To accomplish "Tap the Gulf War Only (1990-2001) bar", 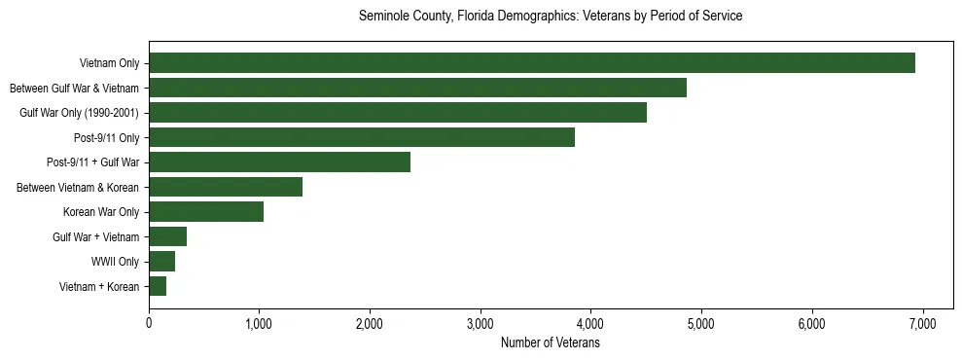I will [x=397, y=113].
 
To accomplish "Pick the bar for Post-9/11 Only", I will [x=361, y=137].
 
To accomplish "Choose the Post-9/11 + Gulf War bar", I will [x=279, y=162].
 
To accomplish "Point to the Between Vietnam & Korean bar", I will [x=226, y=187].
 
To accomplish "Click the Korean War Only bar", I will [x=206, y=212].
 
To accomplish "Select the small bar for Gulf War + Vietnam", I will [x=167, y=236].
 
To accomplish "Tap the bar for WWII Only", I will [x=161, y=261].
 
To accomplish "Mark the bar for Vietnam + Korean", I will [x=158, y=286].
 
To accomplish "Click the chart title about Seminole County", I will [x=551, y=17].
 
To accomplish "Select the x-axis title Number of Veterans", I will [x=550, y=343].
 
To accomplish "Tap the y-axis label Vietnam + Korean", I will [x=99, y=287].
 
